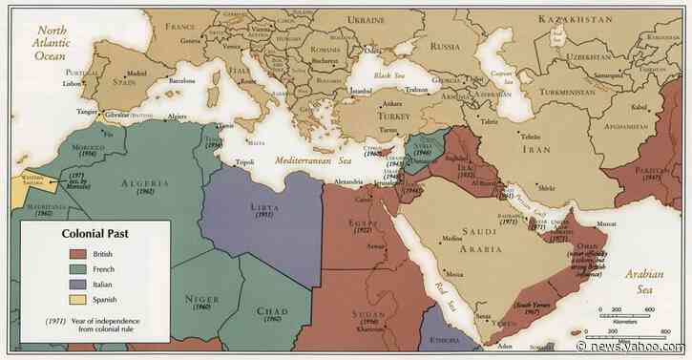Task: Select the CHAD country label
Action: click(x=273, y=311)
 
